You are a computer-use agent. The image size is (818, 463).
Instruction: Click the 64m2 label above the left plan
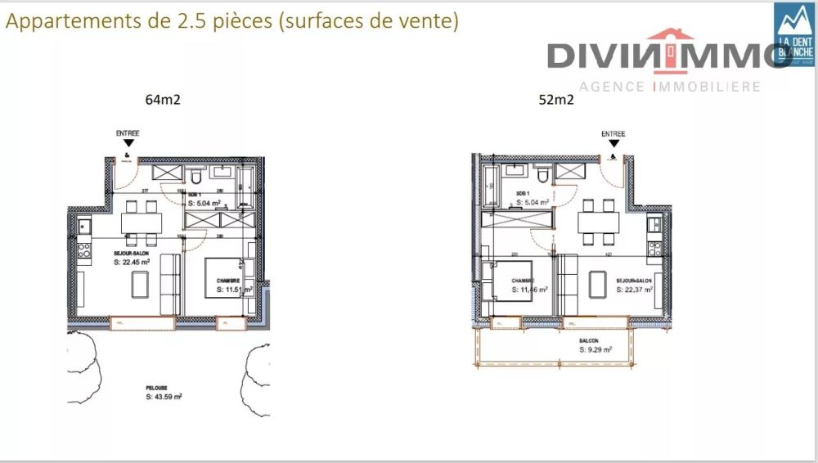click(163, 101)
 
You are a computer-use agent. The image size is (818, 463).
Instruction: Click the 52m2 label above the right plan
click(555, 101)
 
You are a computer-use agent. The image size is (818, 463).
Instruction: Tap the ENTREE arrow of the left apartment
click(128, 144)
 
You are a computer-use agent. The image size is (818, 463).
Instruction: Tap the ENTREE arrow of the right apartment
click(613, 143)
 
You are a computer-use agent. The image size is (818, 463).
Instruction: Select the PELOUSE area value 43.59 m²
click(164, 397)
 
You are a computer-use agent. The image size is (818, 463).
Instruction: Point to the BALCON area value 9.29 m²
click(595, 349)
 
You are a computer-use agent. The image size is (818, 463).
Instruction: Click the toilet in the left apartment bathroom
click(195, 178)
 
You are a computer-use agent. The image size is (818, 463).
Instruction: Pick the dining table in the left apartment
click(141, 223)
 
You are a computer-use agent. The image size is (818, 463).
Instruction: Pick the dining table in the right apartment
click(598, 222)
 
